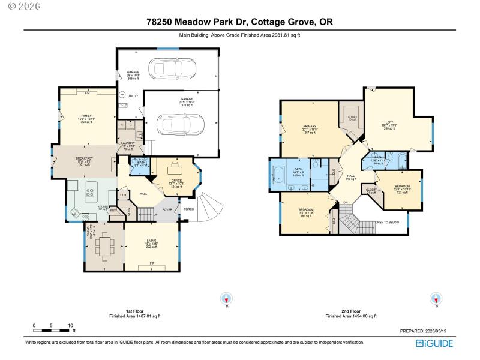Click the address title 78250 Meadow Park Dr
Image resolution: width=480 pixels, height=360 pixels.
click(x=239, y=22)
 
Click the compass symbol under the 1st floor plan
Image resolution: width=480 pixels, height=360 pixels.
click(x=226, y=299)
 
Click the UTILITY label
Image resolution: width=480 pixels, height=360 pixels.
click(x=133, y=95)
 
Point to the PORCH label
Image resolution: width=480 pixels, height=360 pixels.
click(x=188, y=209)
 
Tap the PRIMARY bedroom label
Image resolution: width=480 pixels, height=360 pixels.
click(x=310, y=126)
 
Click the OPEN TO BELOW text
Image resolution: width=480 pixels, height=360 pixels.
click(x=387, y=222)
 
